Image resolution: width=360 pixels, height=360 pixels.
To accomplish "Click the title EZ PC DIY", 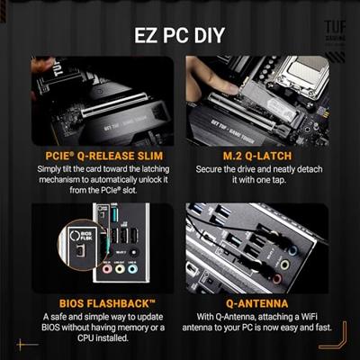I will click(x=180, y=36).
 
